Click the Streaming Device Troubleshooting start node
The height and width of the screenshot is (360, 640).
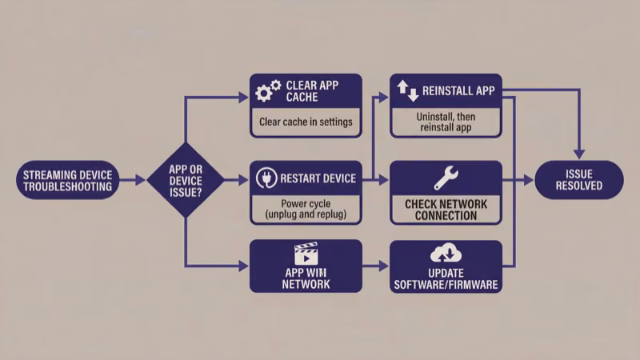(68, 180)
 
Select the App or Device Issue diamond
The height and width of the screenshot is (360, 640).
(186, 180)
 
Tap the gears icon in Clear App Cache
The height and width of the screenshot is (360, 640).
(267, 90)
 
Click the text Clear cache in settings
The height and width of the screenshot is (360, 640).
(306, 123)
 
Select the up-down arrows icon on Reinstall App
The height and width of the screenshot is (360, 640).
(408, 90)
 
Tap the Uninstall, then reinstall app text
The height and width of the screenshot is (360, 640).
(446, 122)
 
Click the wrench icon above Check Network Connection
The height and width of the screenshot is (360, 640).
(446, 178)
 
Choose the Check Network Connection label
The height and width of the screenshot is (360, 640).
(446, 210)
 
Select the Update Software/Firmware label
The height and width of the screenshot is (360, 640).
(446, 279)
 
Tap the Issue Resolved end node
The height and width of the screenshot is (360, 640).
(578, 180)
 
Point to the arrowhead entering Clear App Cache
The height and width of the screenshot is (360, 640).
(245, 97)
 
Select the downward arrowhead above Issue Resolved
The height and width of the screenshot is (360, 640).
(578, 153)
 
